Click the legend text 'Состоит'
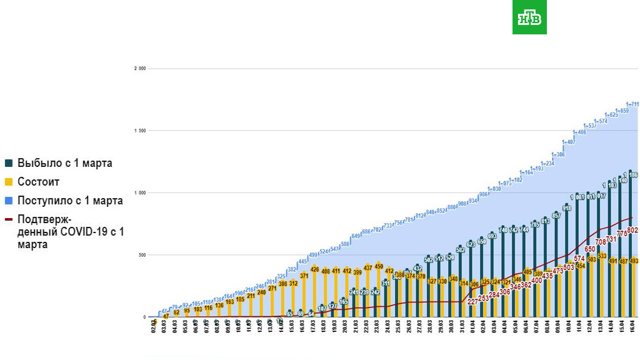pyautogui.click(x=39, y=182)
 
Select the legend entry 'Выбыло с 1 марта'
pyautogui.click(x=65, y=163)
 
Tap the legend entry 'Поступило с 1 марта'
pyautogui.click(x=70, y=201)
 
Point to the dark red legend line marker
pyautogui.click(x=8, y=219)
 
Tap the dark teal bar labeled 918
pyautogui.click(x=566, y=262)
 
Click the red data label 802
pyautogui.click(x=632, y=231)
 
